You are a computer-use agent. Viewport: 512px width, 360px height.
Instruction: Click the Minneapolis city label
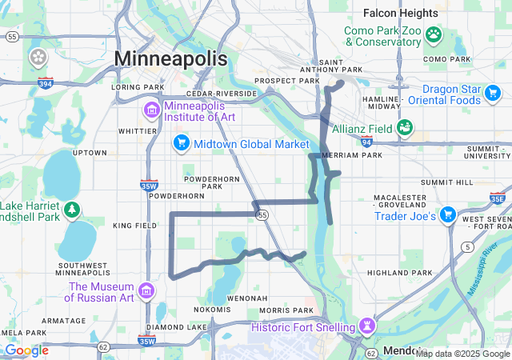coord(170,58)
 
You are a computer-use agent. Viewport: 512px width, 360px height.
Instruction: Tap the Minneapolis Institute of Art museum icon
coord(151,110)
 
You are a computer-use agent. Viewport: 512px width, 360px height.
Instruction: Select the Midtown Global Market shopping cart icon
coord(182,144)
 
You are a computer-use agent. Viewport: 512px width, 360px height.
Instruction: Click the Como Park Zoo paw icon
coord(434,34)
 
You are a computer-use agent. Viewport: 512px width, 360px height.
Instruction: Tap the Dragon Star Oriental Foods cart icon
coord(494,94)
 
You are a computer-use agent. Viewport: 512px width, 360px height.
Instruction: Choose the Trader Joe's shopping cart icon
coord(449,215)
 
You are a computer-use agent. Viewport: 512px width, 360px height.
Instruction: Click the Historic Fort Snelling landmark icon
coord(366,326)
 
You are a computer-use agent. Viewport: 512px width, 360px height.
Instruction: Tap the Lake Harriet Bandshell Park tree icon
coord(73,210)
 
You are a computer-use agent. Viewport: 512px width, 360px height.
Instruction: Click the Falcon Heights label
coord(400,13)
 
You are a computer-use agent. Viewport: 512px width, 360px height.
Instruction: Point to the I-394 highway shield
coord(45,82)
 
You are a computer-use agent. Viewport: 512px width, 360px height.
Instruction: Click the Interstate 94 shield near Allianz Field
coord(366,142)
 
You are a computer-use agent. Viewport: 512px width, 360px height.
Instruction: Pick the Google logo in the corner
coord(26,350)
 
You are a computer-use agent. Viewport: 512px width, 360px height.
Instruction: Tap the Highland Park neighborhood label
coord(399,273)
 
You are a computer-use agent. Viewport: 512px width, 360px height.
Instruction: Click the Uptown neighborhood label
coord(90,153)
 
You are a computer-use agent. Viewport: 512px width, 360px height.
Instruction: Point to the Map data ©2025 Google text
coord(462,354)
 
